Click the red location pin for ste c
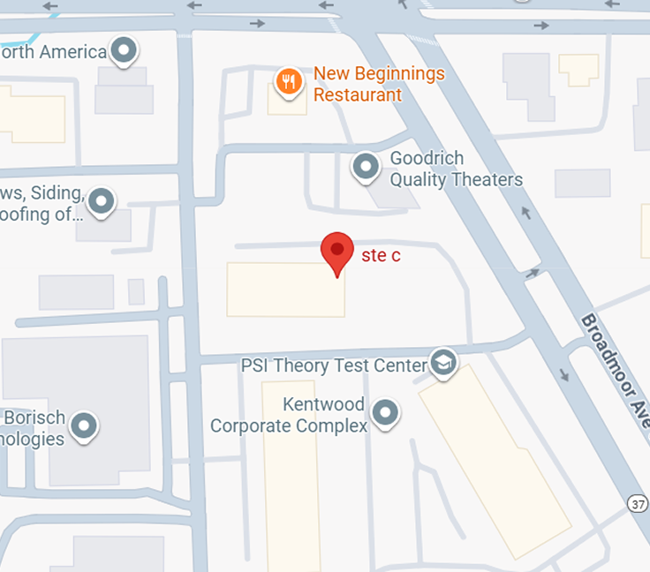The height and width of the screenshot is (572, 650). (336, 252)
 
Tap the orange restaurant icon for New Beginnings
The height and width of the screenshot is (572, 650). (287, 82)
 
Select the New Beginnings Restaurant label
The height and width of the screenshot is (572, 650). (379, 85)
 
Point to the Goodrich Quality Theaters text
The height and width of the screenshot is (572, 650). (456, 169)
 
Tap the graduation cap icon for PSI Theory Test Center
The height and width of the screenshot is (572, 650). (442, 362)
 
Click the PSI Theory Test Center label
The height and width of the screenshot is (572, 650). (334, 365)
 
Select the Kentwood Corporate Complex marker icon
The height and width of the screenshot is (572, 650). (385, 411)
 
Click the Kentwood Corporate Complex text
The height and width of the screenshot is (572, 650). (289, 416)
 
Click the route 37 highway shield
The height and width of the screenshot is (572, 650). (639, 503)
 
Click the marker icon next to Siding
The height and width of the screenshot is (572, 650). (102, 201)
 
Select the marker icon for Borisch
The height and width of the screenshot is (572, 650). (84, 425)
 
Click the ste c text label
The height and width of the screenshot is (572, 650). (381, 256)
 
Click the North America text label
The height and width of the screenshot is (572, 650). (53, 52)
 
